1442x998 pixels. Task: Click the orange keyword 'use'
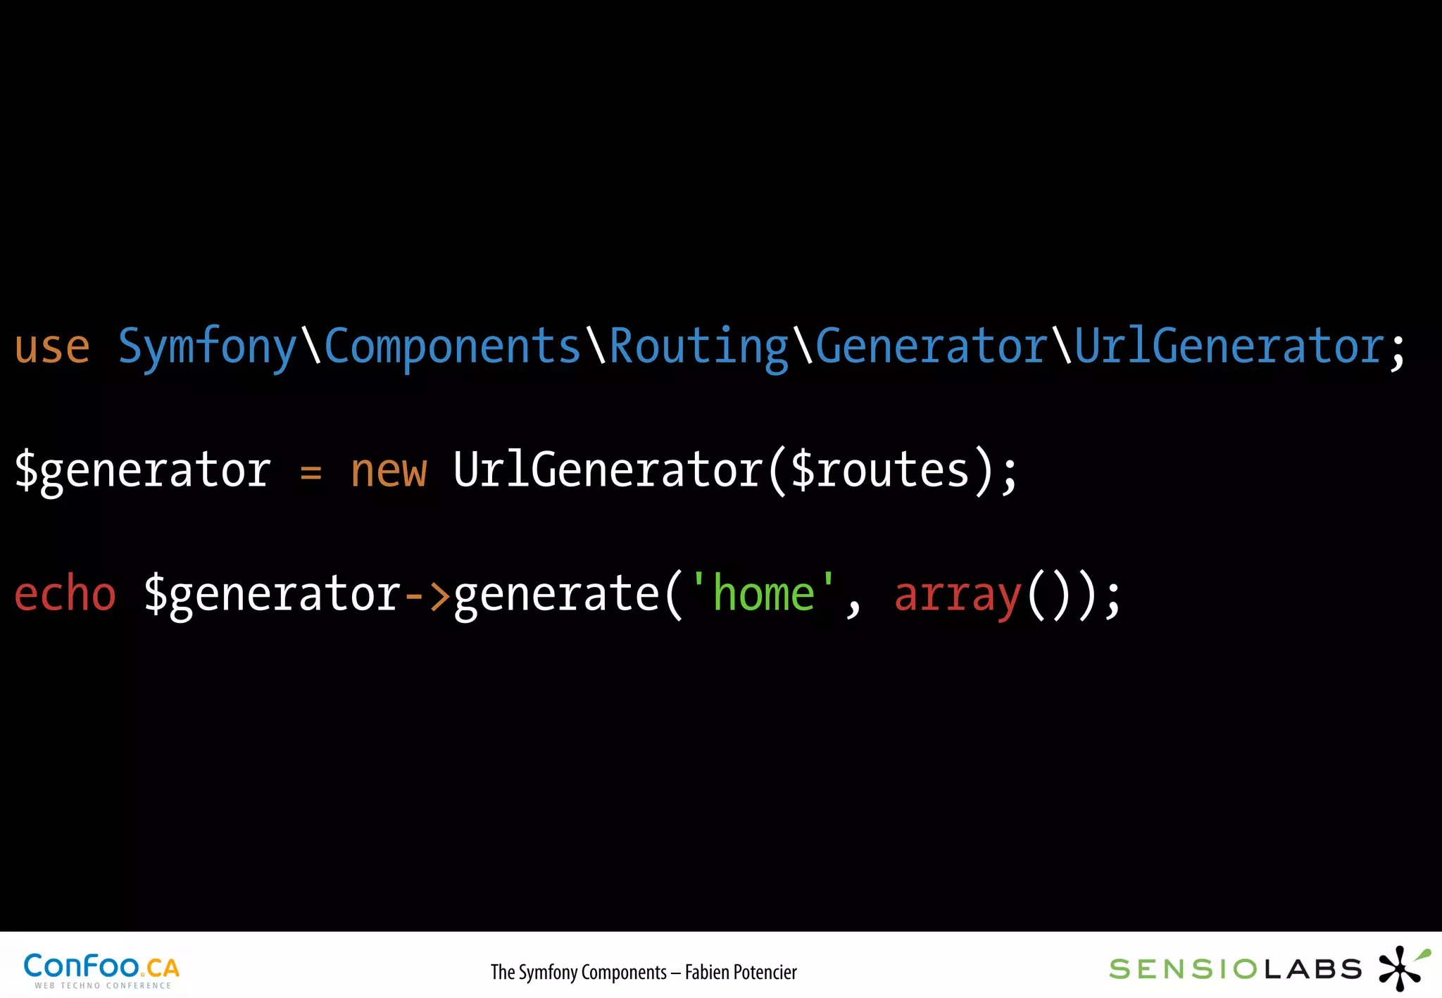click(52, 347)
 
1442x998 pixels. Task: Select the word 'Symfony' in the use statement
click(207, 347)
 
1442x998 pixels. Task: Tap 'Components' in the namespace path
click(451, 347)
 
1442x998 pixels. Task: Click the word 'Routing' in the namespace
click(698, 347)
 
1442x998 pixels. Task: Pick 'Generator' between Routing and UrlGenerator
click(931, 347)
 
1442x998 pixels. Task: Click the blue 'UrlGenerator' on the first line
click(1229, 347)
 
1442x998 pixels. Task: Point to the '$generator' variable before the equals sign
click(142, 471)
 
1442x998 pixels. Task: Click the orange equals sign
click(311, 472)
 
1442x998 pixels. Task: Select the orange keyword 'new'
click(389, 471)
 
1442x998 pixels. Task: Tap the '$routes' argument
click(879, 471)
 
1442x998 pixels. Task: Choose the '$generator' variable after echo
click(272, 595)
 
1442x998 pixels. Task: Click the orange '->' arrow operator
click(427, 595)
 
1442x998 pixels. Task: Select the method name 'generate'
click(556, 595)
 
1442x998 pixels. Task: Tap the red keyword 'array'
click(957, 595)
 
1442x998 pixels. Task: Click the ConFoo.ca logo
click(101, 970)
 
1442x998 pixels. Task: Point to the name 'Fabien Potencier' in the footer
click(741, 972)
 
